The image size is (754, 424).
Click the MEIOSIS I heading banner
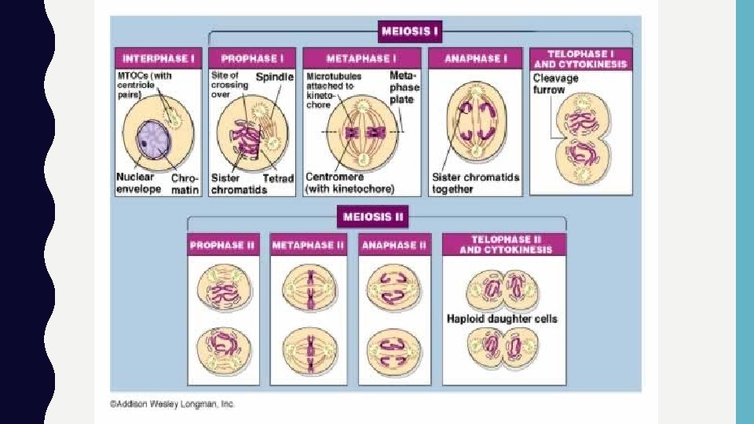(x=409, y=32)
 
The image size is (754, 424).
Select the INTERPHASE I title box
(x=159, y=58)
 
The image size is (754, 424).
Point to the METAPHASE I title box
(x=361, y=58)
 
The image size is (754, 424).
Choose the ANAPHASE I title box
(x=475, y=58)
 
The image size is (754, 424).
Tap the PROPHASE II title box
(x=222, y=246)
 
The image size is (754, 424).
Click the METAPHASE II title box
(x=309, y=246)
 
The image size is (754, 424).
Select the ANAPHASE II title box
(x=394, y=246)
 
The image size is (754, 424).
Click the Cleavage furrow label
(x=555, y=83)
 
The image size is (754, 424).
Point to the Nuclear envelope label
(x=139, y=183)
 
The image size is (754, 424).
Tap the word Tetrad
(x=278, y=178)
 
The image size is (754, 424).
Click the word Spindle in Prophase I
(x=275, y=77)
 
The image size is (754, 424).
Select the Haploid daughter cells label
(x=502, y=318)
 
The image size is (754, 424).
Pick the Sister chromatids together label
(x=475, y=183)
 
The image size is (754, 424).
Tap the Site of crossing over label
(x=229, y=84)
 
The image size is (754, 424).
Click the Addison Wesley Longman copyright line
(x=172, y=404)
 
